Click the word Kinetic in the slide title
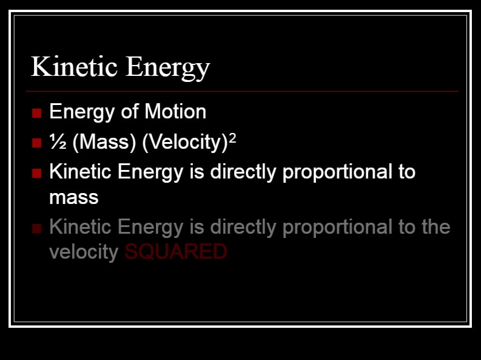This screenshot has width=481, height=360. [74, 66]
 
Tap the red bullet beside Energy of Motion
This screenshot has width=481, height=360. [36, 113]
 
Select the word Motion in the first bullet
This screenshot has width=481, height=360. [175, 111]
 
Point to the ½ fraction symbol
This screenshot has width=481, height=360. [58, 141]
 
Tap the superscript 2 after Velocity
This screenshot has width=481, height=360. [232, 138]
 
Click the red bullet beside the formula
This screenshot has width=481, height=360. [36, 143]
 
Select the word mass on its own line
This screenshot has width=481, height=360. [74, 198]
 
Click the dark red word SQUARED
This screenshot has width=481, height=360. [176, 252]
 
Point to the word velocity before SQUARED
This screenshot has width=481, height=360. [84, 253]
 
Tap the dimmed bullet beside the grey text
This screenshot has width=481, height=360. [36, 228]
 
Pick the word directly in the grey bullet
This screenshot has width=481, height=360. [243, 228]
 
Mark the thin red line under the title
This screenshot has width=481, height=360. [242, 91]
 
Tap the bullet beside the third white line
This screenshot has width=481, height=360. [36, 173]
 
